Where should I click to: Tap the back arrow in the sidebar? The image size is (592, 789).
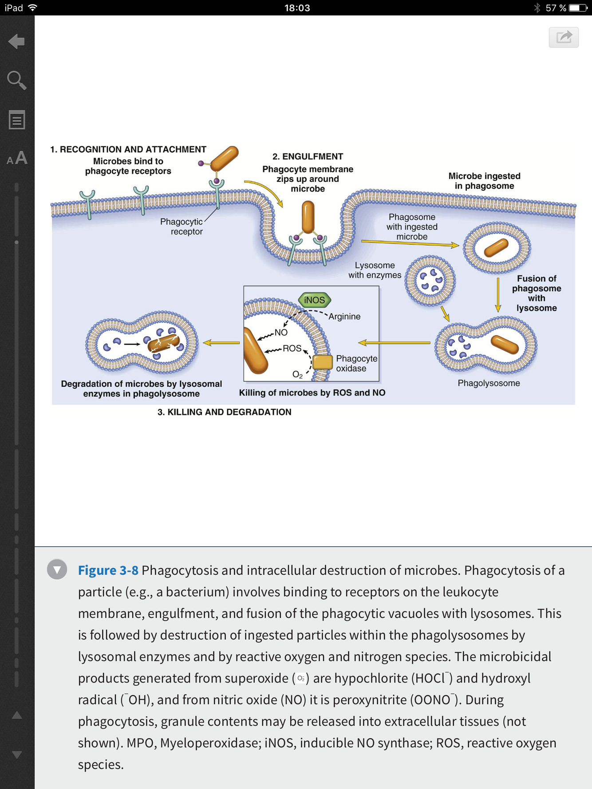click(x=17, y=42)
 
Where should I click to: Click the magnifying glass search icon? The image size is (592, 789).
click(x=17, y=80)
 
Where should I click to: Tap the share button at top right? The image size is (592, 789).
click(x=564, y=37)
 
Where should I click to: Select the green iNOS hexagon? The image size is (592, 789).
click(x=315, y=300)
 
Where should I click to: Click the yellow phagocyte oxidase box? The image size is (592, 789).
click(x=323, y=362)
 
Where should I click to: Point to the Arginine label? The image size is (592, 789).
click(x=344, y=317)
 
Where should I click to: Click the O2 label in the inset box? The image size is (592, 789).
click(x=297, y=375)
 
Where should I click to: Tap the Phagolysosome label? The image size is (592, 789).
click(x=489, y=383)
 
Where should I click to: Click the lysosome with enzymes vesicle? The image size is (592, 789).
click(x=430, y=280)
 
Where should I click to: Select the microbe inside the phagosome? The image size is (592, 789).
click(x=496, y=247)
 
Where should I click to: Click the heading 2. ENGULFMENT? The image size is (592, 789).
click(x=308, y=157)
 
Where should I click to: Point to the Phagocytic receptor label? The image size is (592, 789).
click(x=182, y=226)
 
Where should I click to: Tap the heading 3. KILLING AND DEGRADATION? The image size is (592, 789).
click(x=225, y=412)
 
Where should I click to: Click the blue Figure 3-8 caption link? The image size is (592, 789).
click(x=108, y=570)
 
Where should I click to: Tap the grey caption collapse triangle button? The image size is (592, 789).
click(x=57, y=569)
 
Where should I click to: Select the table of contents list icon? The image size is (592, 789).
click(x=17, y=120)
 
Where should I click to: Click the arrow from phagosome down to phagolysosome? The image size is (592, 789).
click(x=498, y=295)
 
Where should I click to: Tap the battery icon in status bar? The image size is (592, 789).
click(x=578, y=8)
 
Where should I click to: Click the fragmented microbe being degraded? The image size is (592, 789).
click(x=163, y=344)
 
